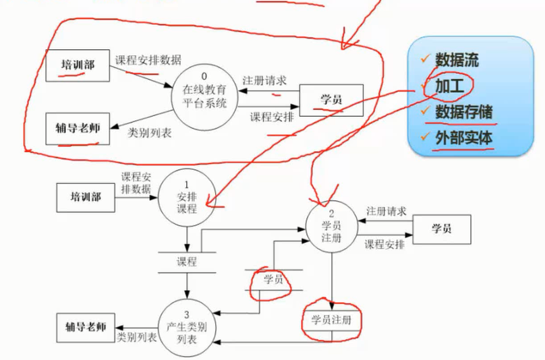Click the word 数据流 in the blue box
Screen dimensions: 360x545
click(457, 59)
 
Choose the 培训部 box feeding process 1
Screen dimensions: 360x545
click(85, 197)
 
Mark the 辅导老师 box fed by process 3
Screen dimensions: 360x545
click(85, 326)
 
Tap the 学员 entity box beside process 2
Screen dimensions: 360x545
click(441, 229)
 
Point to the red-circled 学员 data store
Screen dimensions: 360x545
click(272, 279)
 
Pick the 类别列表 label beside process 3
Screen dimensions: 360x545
click(136, 336)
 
